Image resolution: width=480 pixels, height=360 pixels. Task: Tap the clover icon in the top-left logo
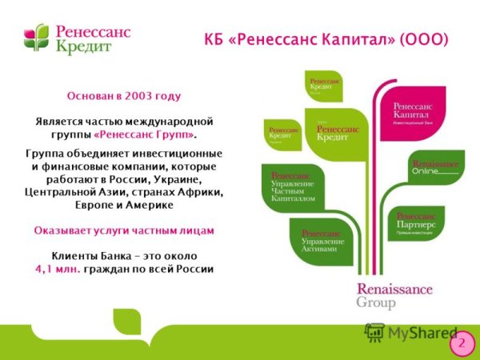click(x=36, y=38)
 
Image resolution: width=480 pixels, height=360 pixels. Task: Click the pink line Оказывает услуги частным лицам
click(x=124, y=230)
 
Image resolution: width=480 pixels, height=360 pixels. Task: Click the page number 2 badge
click(x=461, y=342)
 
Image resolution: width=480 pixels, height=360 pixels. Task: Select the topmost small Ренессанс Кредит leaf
click(x=324, y=86)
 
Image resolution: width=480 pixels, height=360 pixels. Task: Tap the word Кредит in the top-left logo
click(x=84, y=46)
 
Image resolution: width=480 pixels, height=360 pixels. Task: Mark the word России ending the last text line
click(x=191, y=269)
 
